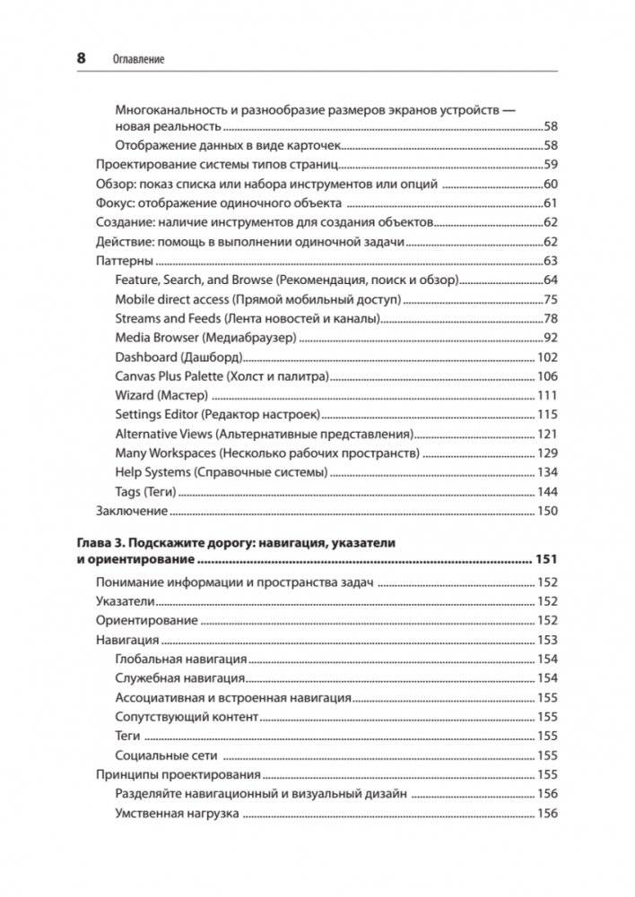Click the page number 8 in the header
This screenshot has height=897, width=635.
[x=81, y=58]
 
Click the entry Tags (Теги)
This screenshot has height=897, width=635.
[x=145, y=492]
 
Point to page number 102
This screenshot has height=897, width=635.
[x=547, y=357]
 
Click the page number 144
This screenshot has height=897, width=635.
[x=547, y=492]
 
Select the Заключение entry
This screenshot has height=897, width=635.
[x=132, y=511]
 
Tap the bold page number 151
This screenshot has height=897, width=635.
[x=546, y=560]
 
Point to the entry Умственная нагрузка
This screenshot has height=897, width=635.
[x=177, y=814]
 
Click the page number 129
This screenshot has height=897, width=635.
[x=547, y=453]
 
